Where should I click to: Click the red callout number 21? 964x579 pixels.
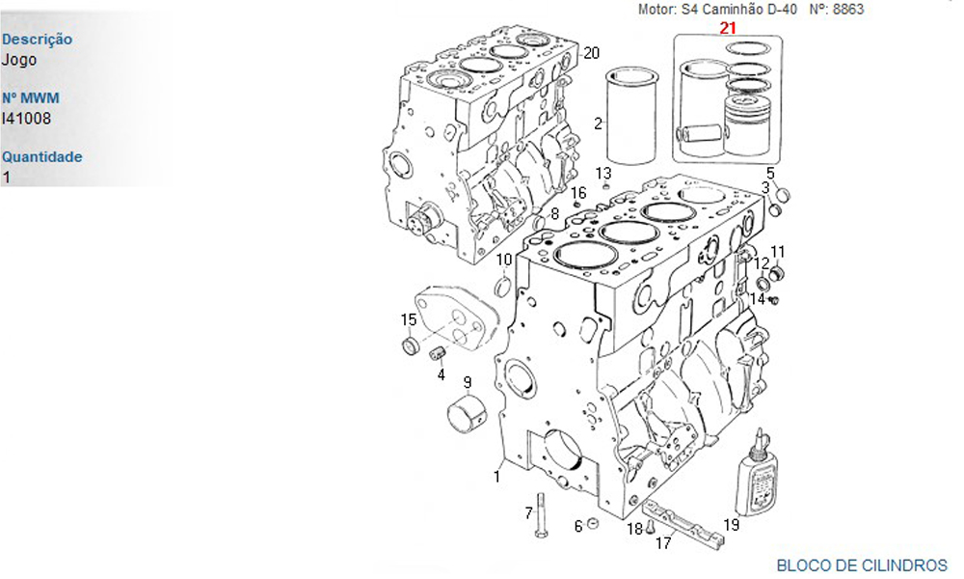point(728,28)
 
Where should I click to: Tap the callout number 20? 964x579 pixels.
point(591,52)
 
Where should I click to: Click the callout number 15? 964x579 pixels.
point(409,320)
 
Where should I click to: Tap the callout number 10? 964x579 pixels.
point(504,260)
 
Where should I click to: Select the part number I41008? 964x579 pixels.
point(27,119)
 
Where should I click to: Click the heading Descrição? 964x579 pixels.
point(38,40)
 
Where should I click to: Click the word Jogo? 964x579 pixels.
point(19,60)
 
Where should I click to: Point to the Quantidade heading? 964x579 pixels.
point(42,156)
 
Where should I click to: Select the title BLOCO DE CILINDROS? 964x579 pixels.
point(862,565)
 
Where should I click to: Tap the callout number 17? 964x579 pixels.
point(663,543)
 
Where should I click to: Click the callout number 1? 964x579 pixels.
point(497,475)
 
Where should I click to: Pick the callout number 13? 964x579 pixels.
point(603,173)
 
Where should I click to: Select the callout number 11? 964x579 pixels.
point(777,252)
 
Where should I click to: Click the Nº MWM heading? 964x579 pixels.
point(31,98)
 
